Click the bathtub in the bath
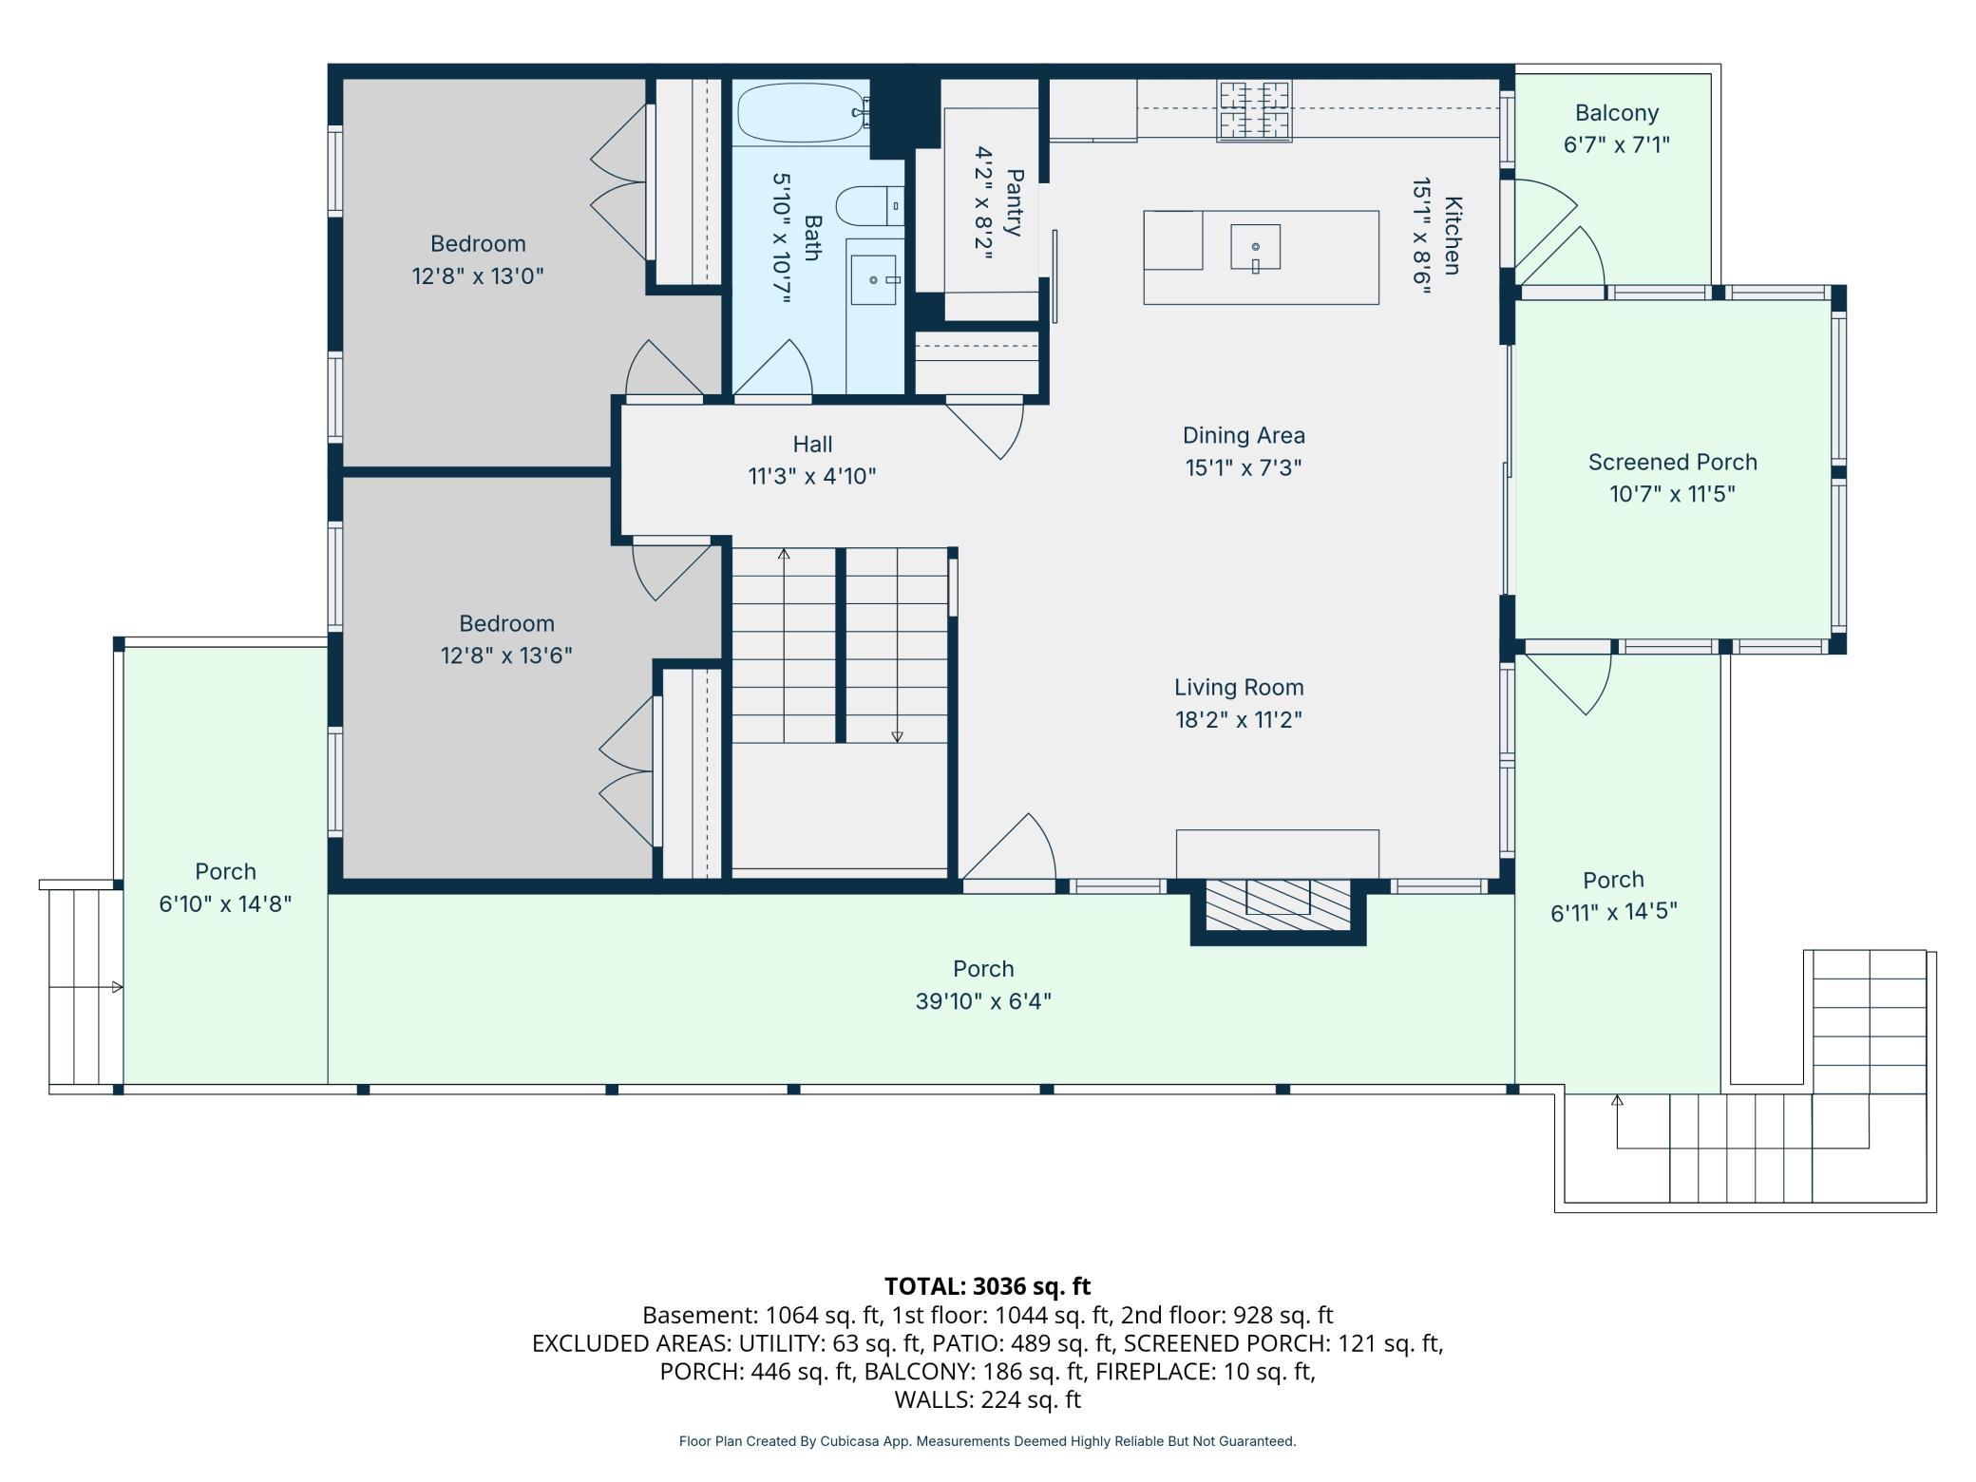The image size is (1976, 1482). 804,113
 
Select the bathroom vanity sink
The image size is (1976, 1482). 873,279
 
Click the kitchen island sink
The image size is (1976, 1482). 1255,248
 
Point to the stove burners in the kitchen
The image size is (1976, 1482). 1255,110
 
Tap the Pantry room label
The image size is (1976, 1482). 1015,202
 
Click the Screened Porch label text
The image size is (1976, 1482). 1673,462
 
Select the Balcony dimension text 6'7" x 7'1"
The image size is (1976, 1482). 1617,144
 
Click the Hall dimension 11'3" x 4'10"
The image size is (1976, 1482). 812,476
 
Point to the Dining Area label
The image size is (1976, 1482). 1244,435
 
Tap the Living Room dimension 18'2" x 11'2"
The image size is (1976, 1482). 1239,719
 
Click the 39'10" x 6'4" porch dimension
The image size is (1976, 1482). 983,1001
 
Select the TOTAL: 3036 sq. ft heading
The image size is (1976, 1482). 988,1286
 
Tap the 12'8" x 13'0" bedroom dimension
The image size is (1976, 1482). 478,276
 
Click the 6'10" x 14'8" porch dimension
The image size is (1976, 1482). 225,903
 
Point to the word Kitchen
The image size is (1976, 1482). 1453,236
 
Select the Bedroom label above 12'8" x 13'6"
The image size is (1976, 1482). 506,623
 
